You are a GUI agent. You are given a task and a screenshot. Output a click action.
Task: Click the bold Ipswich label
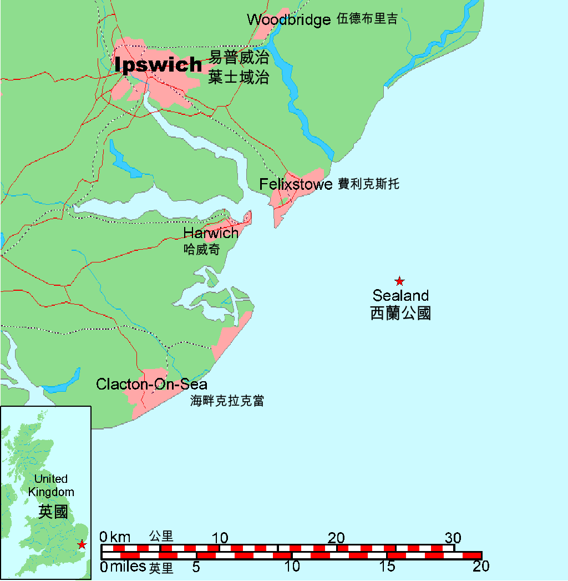pos(159,65)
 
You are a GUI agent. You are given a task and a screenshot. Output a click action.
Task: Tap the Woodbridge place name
pos(288,20)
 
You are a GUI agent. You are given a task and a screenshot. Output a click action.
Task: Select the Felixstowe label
pos(296,184)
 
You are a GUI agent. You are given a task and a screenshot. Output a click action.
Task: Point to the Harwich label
pos(211,233)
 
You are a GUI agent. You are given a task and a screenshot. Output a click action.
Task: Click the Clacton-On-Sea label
pos(151,384)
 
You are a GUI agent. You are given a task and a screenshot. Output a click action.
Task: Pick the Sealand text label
pos(400,295)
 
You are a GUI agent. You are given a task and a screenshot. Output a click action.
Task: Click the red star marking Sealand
pos(399,281)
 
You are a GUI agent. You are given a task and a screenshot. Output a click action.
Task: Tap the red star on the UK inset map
pos(82,544)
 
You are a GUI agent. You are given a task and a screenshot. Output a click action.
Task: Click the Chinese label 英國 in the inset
pos(53,511)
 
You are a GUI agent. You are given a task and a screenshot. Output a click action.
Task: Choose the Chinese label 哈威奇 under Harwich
pos(202,250)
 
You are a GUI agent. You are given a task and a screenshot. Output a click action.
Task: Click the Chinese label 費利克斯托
pos(368,184)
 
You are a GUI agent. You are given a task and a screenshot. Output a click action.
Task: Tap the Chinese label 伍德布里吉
pos(367,19)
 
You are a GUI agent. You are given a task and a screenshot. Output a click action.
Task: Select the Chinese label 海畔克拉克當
pos(227,401)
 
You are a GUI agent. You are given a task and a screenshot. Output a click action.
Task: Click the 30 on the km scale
pos(453,538)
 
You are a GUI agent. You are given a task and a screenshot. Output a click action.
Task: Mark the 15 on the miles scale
pos(387,567)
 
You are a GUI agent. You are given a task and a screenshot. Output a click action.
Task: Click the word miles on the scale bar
pos(128,567)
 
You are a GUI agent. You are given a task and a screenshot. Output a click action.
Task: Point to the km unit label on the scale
pos(120,537)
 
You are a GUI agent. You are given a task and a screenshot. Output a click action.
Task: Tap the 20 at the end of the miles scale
pos(480,567)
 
